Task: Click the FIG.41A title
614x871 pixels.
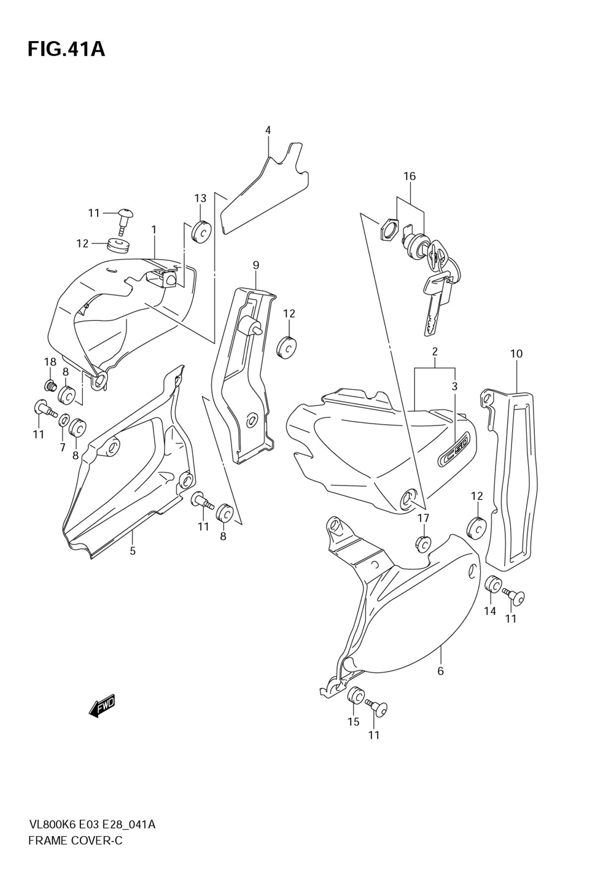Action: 66,49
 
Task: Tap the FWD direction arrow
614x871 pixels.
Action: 102,706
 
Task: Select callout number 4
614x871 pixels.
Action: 268,130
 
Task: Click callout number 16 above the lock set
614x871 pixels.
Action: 410,176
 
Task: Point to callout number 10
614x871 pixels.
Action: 516,354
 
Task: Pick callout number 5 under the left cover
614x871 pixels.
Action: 133,551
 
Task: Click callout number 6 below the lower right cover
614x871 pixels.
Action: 440,671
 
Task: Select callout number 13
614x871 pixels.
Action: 201,198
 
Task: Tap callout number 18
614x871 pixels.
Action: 50,362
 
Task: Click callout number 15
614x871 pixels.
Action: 354,721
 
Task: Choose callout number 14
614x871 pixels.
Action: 490,611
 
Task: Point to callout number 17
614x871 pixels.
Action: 424,519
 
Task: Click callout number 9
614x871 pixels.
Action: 256,265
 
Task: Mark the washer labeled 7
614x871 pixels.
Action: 64,421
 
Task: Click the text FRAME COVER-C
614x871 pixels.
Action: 76,840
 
